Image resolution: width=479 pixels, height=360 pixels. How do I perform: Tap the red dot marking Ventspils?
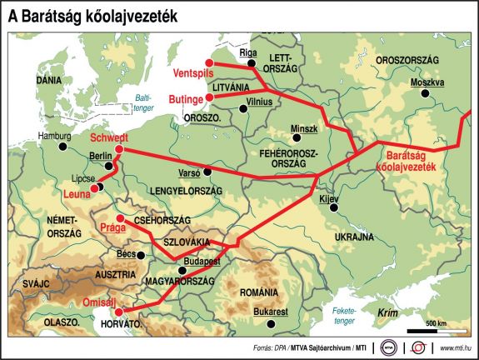210,62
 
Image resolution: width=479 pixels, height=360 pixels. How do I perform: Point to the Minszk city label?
304,128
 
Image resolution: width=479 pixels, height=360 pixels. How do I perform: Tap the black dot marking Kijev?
333,209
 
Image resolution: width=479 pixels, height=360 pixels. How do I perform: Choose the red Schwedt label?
108,137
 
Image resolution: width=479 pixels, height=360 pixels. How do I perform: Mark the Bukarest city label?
269,311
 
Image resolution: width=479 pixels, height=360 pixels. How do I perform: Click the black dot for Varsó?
209,171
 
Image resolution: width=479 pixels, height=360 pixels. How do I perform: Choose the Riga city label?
248,52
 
